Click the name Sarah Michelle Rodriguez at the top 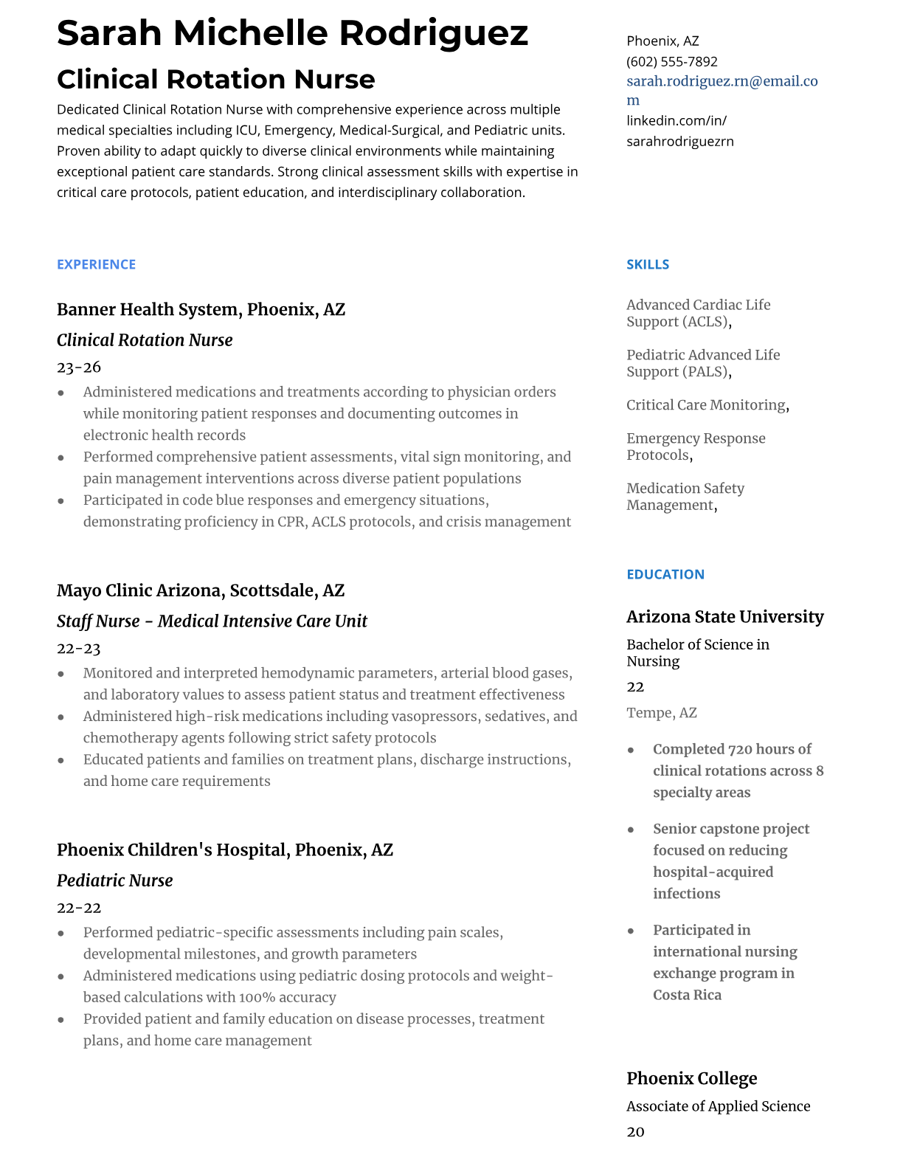(292, 33)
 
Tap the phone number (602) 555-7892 (671, 61)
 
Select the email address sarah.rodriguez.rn (722, 82)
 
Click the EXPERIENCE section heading (96, 264)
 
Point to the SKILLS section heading (648, 264)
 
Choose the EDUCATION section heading (665, 574)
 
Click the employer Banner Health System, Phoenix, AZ (201, 309)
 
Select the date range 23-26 (78, 367)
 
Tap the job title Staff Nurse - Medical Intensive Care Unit (212, 621)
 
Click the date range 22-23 (78, 649)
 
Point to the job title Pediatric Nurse (114, 880)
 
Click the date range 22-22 (78, 908)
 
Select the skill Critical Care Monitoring (706, 405)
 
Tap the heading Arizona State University (724, 617)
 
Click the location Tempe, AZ (661, 713)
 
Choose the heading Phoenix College (691, 1079)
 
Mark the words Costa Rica (687, 995)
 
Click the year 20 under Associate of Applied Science (635, 1132)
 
